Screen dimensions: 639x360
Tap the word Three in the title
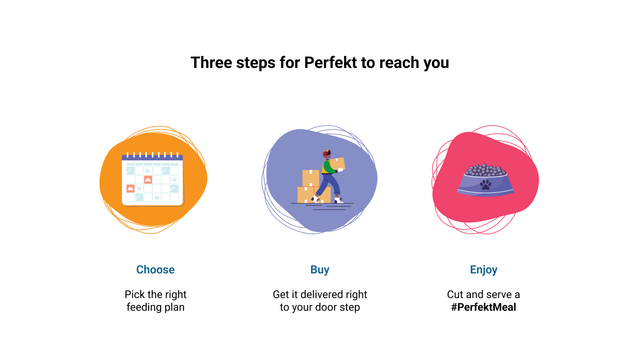pyautogui.click(x=211, y=63)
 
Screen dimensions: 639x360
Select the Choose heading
pyautogui.click(x=155, y=269)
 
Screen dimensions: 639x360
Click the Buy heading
pyautogui.click(x=320, y=270)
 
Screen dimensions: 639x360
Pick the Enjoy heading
pyautogui.click(x=484, y=270)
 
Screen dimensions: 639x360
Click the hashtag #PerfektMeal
pyautogui.click(x=484, y=307)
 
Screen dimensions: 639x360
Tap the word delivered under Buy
pyautogui.click(x=321, y=294)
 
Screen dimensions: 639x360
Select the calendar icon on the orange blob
pyautogui.click(x=153, y=179)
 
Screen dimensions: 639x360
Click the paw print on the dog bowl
pyautogui.click(x=486, y=185)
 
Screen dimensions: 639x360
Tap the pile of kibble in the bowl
pyautogui.click(x=486, y=170)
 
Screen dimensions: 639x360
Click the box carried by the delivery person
pyautogui.click(x=337, y=164)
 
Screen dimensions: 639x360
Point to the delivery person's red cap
pyautogui.click(x=326, y=154)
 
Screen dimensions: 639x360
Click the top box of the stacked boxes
pyautogui.click(x=311, y=178)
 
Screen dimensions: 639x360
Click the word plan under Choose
pyautogui.click(x=173, y=307)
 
